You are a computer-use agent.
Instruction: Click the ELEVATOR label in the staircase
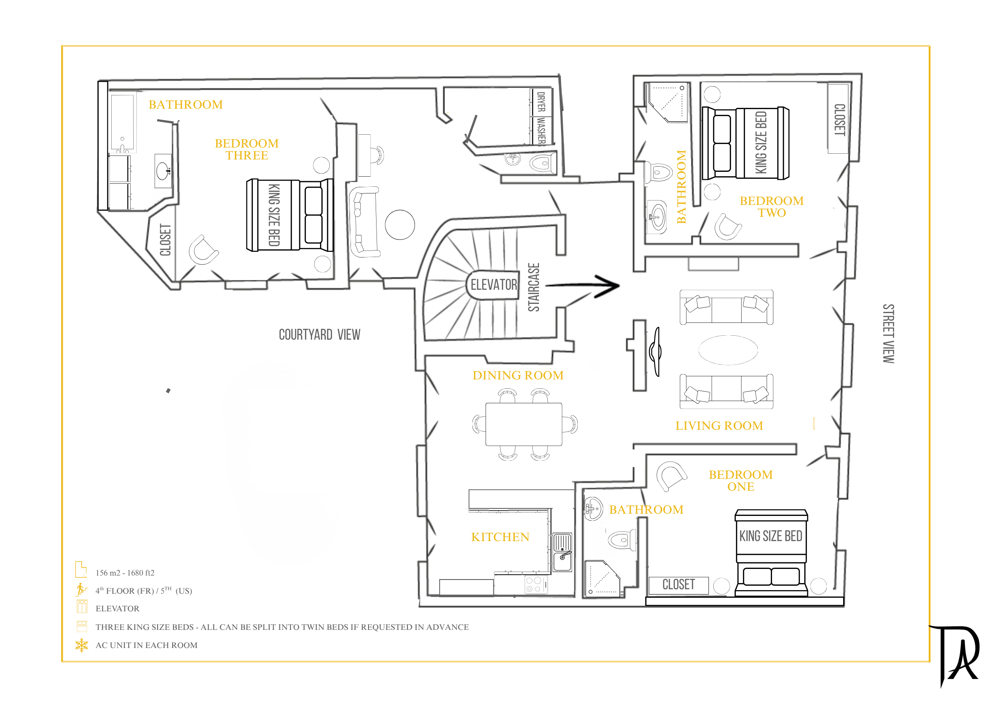[x=494, y=284]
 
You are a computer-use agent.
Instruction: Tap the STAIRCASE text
[x=534, y=287]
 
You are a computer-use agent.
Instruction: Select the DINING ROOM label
[x=518, y=375]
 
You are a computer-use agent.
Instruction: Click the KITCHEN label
[x=500, y=537]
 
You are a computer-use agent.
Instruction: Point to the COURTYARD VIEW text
[x=320, y=334]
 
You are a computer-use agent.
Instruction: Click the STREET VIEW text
[x=888, y=333]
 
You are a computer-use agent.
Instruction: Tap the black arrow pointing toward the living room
[x=583, y=286]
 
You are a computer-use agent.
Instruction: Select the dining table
[x=524, y=424]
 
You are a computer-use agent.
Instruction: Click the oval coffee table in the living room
[x=728, y=350]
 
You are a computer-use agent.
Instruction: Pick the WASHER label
[x=541, y=131]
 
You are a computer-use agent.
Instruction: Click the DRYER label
[x=541, y=102]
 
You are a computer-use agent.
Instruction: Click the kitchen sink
[x=562, y=552]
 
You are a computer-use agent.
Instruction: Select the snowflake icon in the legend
[x=82, y=645]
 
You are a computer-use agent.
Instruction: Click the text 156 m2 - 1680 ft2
[x=125, y=573]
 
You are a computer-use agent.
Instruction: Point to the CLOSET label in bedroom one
[x=678, y=584]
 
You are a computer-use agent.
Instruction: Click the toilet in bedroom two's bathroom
[x=658, y=171]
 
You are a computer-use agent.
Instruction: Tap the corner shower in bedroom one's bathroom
[x=603, y=579]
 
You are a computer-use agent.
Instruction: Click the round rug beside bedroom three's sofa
[x=400, y=224]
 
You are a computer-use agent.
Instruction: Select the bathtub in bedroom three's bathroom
[x=122, y=123]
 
